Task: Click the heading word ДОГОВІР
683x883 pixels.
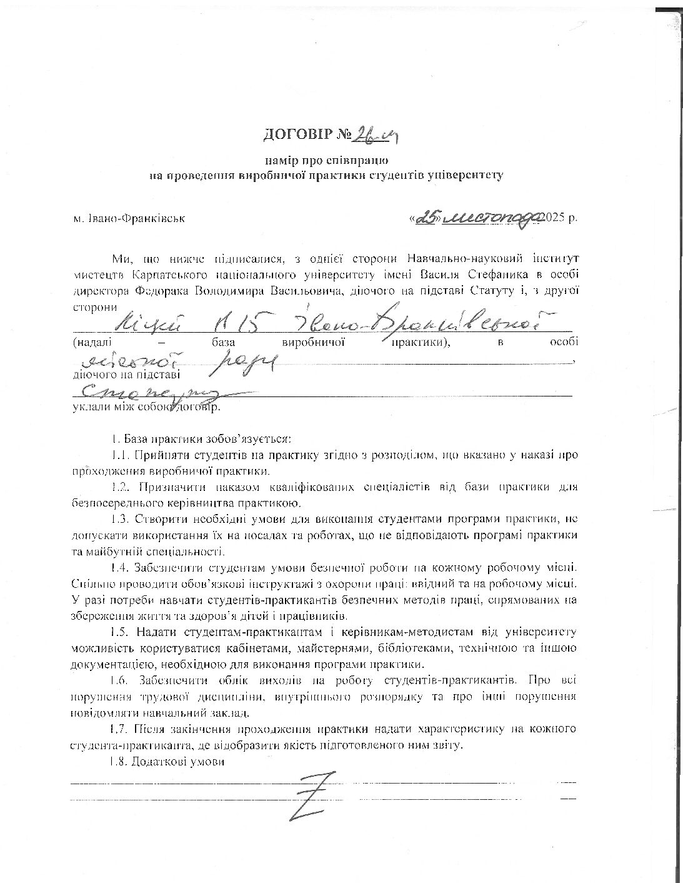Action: point(297,134)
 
